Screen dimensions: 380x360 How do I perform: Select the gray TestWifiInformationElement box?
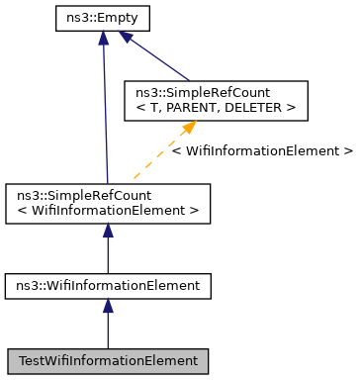tap(108, 361)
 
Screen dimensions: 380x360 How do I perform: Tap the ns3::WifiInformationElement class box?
tap(108, 285)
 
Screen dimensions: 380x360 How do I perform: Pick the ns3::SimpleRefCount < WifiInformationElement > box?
tap(108, 203)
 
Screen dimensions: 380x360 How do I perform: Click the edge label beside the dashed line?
tap(261, 151)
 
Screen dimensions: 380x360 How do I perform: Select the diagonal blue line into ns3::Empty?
tap(158, 58)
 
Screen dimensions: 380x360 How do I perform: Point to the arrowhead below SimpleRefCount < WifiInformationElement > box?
tap(108, 231)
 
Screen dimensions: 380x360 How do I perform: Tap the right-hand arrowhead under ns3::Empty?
tap(126, 38)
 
